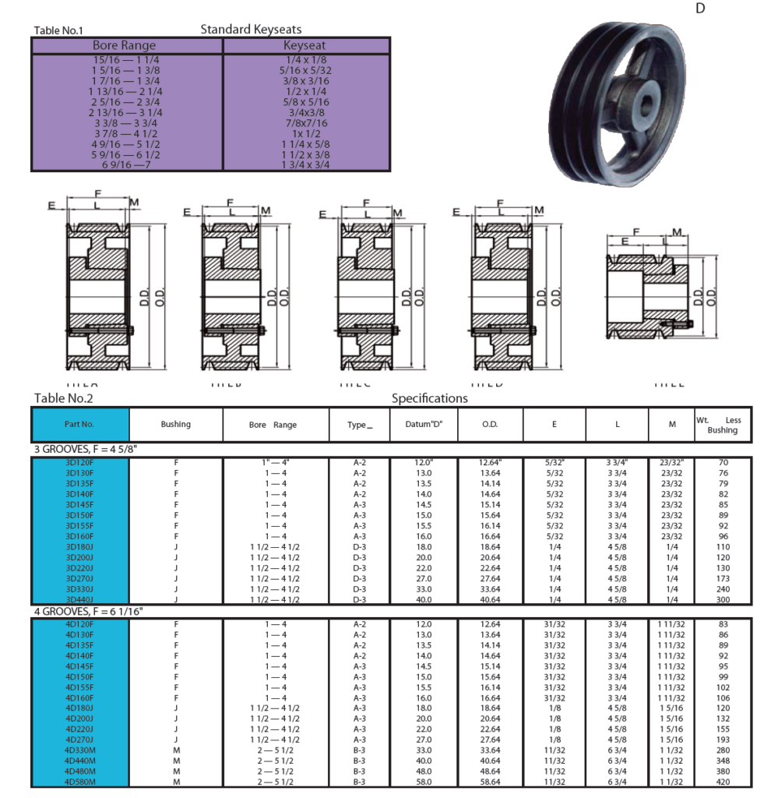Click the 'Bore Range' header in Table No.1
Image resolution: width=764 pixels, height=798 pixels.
click(124, 45)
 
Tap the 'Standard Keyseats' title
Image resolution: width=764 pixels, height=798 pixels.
click(251, 30)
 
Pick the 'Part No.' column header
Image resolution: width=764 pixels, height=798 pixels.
click(79, 425)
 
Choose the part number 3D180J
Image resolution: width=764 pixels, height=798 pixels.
click(79, 547)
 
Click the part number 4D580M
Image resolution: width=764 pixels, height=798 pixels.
click(79, 782)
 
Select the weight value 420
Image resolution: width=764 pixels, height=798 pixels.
click(723, 782)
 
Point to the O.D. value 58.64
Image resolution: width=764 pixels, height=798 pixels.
click(489, 782)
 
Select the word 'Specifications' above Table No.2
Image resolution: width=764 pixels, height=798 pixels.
click(429, 398)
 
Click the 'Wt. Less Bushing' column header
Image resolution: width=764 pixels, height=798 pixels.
click(722, 425)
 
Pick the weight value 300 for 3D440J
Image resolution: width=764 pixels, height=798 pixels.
click(723, 599)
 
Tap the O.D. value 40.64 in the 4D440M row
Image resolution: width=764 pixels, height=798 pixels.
click(489, 761)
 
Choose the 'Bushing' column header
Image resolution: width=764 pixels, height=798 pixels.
click(175, 425)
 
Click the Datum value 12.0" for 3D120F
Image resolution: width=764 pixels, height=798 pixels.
click(424, 462)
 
